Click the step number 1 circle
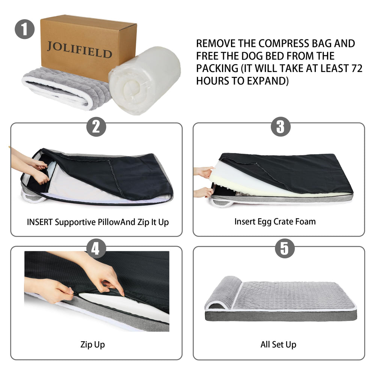[x=25, y=30]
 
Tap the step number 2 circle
[x=96, y=127]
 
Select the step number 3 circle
[x=280, y=127]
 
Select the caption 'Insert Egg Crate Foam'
[x=275, y=221]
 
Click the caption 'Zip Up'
[x=93, y=344]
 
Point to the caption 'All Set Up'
[x=278, y=344]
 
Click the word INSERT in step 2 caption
[x=40, y=222]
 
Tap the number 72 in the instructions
[x=357, y=69]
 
